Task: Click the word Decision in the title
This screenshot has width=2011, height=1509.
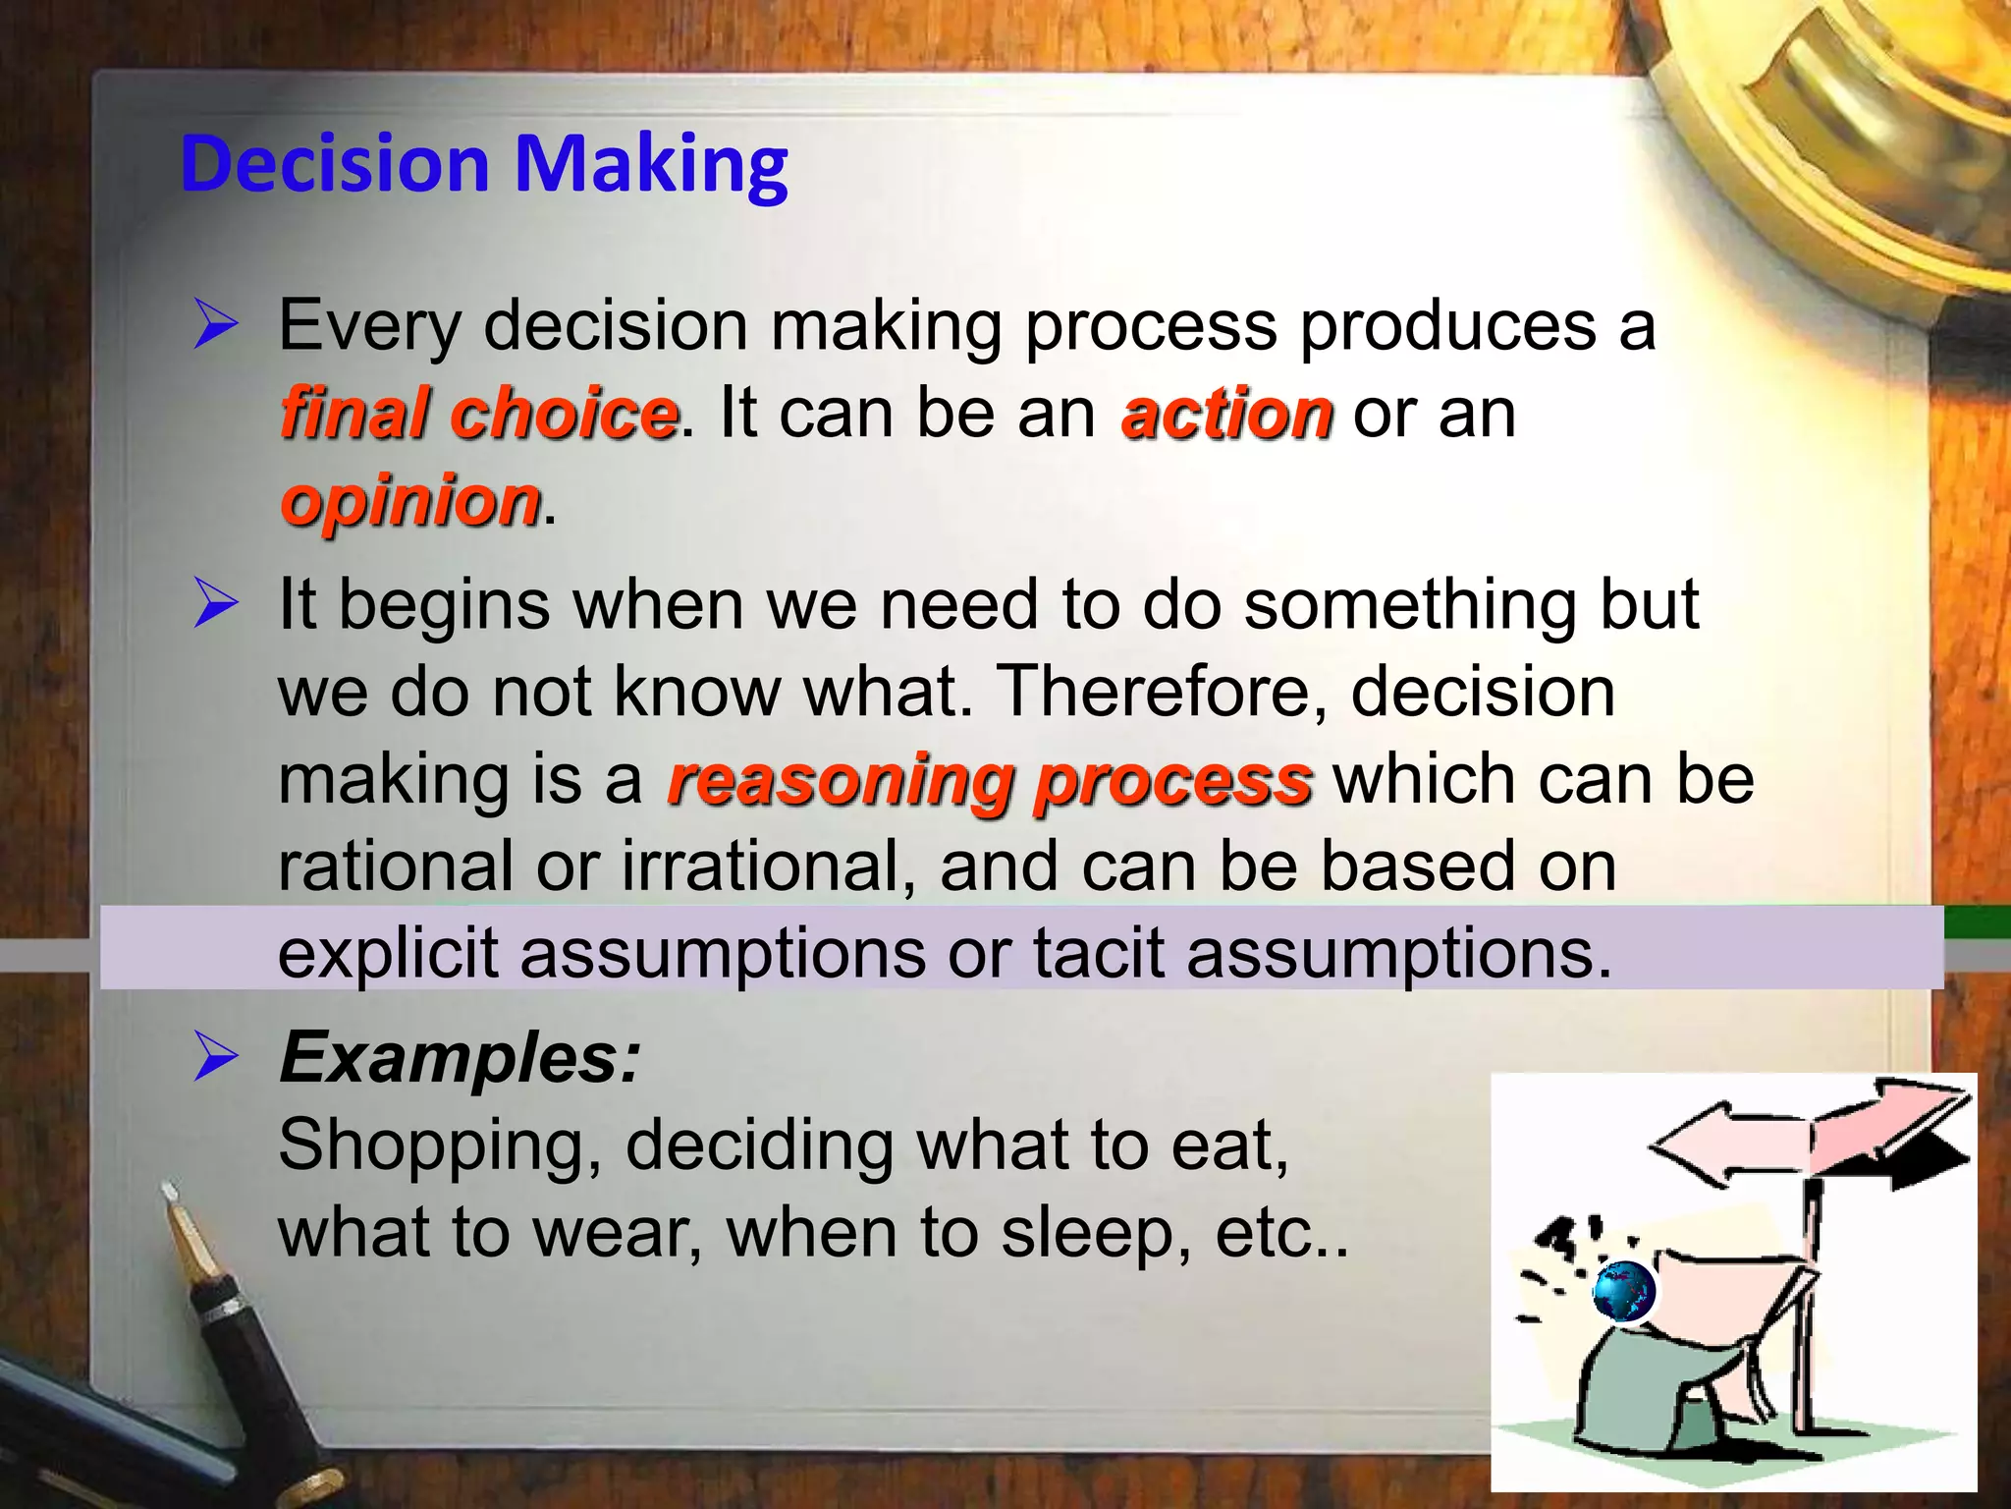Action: point(335,163)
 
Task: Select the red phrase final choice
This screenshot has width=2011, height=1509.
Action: point(478,413)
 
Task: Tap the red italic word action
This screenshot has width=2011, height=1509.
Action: point(1226,413)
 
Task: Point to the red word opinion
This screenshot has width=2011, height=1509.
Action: point(409,500)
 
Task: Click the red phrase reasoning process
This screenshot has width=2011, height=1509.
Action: point(989,780)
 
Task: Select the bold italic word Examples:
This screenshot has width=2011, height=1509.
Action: point(460,1058)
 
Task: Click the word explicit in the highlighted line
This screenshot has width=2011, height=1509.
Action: point(388,953)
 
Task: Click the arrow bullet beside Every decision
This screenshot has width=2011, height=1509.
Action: point(215,325)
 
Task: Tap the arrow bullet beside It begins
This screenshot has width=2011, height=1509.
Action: point(215,603)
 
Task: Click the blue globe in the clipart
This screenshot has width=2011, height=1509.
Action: point(1623,1292)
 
